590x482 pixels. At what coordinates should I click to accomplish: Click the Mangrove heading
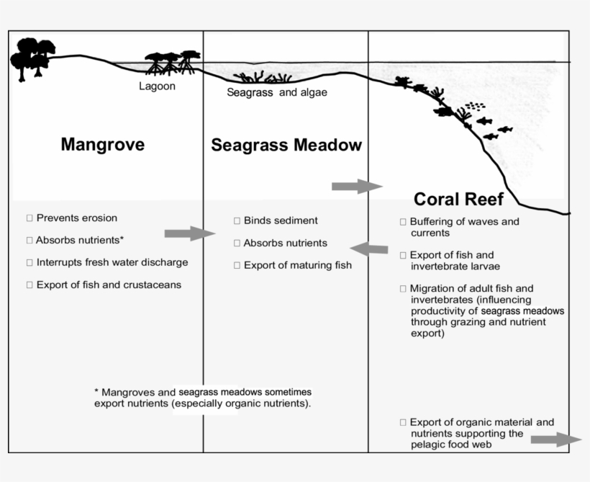102,144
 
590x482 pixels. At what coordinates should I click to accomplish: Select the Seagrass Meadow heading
286,145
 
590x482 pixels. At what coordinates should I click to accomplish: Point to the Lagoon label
157,86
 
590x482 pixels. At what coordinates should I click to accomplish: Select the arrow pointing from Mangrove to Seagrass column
189,233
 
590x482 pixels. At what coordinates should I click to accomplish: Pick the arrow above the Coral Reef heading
356,187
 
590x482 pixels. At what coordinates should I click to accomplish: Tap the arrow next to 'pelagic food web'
555,439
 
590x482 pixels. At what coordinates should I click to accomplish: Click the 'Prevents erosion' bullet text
76,218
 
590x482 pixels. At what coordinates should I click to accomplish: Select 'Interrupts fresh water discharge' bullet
112,262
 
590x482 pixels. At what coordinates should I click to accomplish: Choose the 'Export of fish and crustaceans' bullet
108,285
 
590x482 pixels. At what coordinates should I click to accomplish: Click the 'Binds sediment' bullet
280,220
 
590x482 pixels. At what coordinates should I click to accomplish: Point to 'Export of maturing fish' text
297,265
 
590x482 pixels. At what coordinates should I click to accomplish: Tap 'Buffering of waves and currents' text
463,227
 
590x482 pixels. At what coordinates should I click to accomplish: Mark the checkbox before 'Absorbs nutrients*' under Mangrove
29,240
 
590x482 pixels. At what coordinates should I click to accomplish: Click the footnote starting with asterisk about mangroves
203,397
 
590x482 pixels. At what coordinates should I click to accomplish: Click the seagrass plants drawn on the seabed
262,78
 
